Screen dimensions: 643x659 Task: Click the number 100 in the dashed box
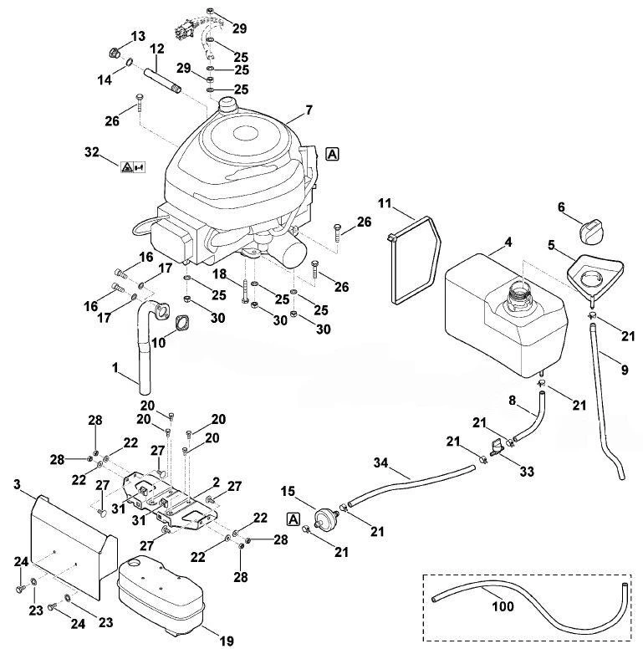(x=503, y=606)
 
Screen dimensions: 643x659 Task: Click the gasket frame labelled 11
(x=414, y=259)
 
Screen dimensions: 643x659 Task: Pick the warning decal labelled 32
(x=133, y=167)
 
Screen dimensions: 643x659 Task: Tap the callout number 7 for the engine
(x=309, y=110)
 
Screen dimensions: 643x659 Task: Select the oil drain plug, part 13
(x=114, y=53)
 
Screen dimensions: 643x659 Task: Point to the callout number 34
(x=380, y=462)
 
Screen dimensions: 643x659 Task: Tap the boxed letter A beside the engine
(x=332, y=154)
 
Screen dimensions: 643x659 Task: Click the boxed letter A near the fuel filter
(x=293, y=519)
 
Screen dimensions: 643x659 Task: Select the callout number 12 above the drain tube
(x=157, y=49)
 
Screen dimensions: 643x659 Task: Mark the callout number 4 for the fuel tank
(x=508, y=242)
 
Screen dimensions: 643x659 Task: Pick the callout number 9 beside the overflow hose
(x=625, y=370)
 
